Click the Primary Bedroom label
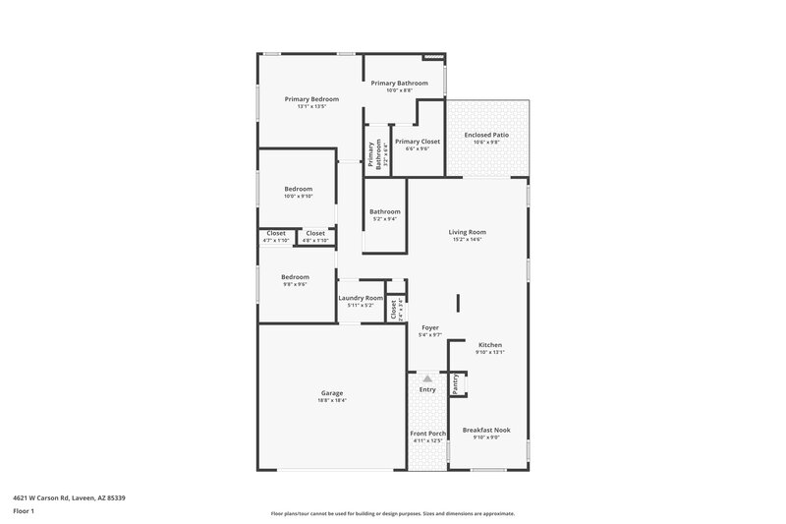click(x=311, y=99)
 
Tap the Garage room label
click(x=332, y=393)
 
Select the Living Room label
click(x=470, y=232)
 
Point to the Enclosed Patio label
click(x=486, y=135)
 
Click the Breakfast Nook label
click(x=486, y=430)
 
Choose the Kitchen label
click(x=490, y=345)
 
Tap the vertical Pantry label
click(x=456, y=384)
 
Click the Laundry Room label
click(x=361, y=298)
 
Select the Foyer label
click(x=430, y=327)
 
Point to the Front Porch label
click(x=427, y=434)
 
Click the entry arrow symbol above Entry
click(x=427, y=377)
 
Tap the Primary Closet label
click(x=418, y=142)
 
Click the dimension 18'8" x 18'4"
click(x=332, y=400)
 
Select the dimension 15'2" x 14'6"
click(x=470, y=239)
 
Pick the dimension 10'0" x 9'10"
click(x=299, y=196)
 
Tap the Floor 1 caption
click(x=24, y=512)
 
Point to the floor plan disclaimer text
click(x=392, y=513)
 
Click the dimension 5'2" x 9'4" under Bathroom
click(x=384, y=218)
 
